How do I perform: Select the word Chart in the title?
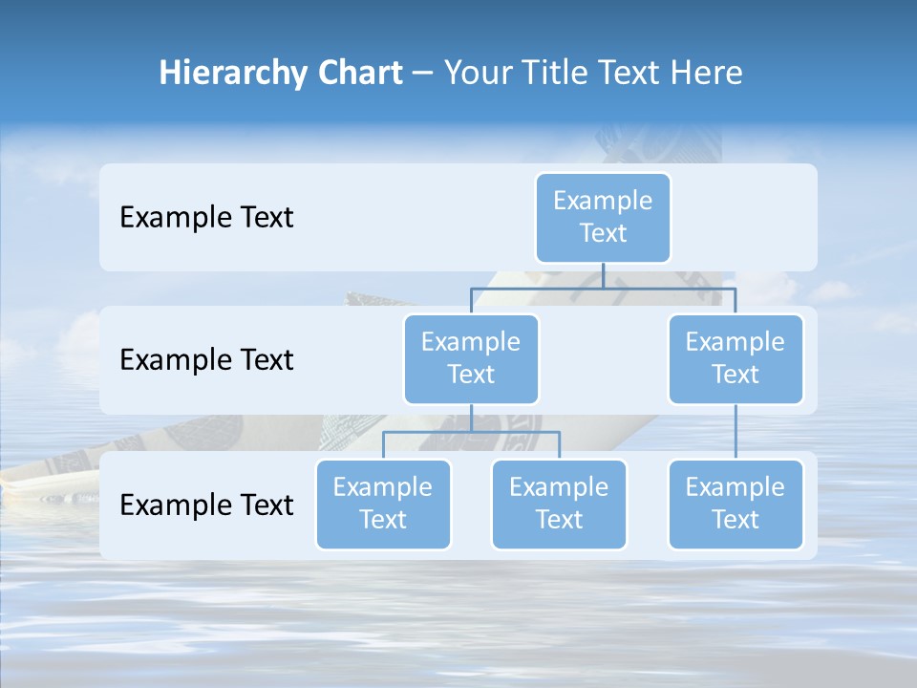tap(357, 74)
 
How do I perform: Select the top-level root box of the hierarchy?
tap(603, 217)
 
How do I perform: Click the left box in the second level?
tap(471, 358)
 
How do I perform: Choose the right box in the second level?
tap(736, 358)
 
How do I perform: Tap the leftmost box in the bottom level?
tap(383, 504)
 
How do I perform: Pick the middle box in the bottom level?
tap(559, 504)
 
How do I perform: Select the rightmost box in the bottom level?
tap(736, 504)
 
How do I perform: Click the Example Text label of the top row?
tap(206, 217)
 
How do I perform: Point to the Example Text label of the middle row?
tap(206, 359)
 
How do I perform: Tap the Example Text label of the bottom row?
tap(206, 505)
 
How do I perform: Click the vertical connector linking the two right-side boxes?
tap(736, 432)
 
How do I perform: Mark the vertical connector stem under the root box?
tap(603, 275)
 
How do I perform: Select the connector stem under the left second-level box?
tap(471, 418)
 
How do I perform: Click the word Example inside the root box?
tap(603, 201)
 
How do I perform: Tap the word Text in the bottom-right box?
tap(736, 520)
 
